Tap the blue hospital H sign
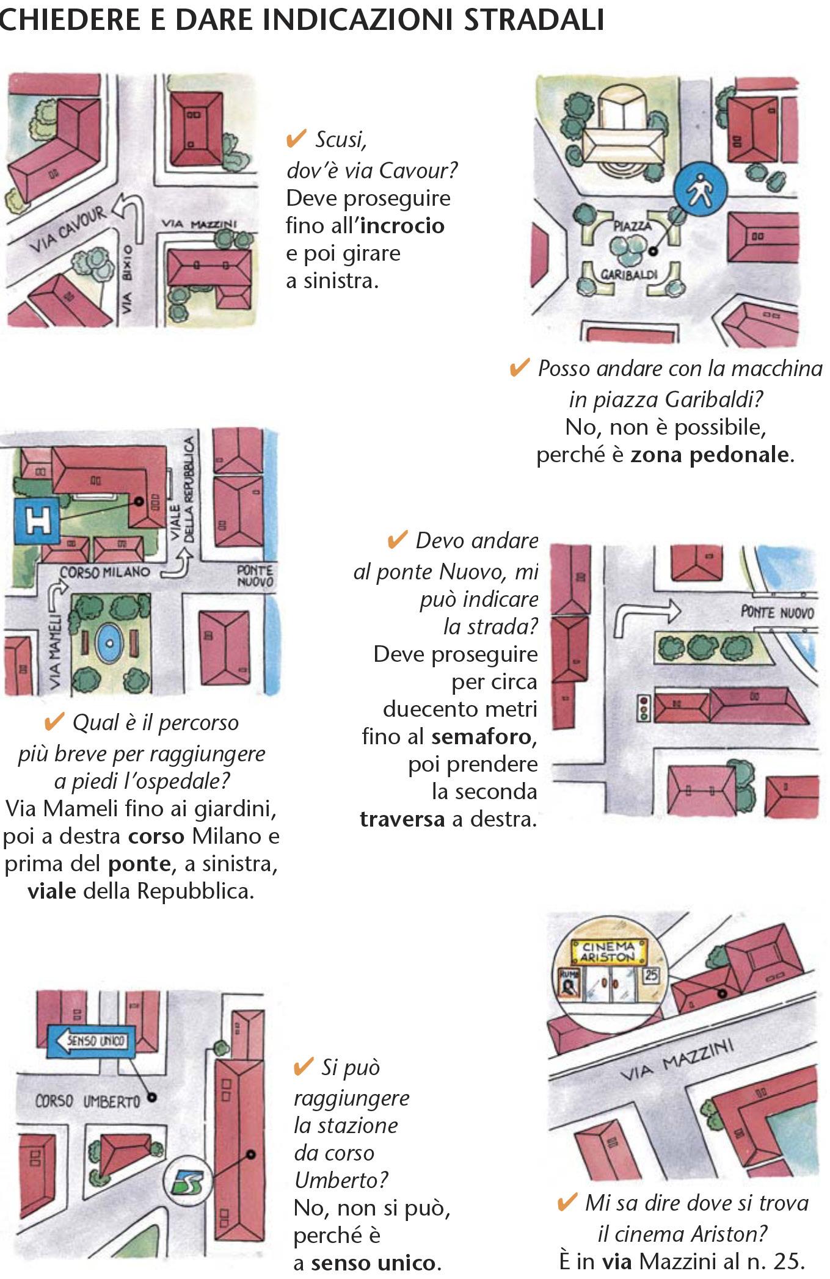pyautogui.click(x=37, y=520)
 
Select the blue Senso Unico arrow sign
pyautogui.click(x=89, y=1040)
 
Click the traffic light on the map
pyautogui.click(x=642, y=707)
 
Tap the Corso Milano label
pyautogui.click(x=104, y=573)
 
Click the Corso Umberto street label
pyautogui.click(x=87, y=1101)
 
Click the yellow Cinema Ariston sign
pyautogui.click(x=608, y=952)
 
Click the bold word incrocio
pyautogui.click(x=403, y=226)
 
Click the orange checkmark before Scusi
pyautogui.click(x=296, y=139)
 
